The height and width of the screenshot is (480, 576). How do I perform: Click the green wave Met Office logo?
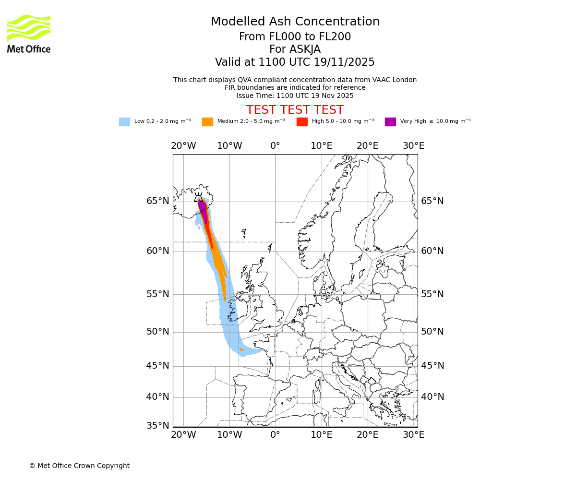(29, 28)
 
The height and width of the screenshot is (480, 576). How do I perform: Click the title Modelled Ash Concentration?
(295, 22)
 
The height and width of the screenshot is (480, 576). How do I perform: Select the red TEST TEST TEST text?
(295, 110)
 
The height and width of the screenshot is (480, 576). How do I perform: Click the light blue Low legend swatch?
(124, 121)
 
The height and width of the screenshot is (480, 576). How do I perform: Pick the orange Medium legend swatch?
(207, 121)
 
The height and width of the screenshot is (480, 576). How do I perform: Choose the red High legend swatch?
(302, 121)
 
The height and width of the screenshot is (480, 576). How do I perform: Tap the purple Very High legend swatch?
(390, 121)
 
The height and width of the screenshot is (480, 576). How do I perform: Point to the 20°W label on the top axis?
(183, 146)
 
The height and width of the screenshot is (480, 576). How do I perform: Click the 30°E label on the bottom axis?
(413, 435)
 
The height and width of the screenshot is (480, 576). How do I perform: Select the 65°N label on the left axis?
(158, 201)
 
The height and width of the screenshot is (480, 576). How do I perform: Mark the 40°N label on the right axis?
(432, 397)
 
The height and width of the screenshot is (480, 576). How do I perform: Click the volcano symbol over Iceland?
(198, 197)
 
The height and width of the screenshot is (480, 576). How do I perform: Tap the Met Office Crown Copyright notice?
(79, 466)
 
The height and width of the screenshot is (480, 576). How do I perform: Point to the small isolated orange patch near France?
(242, 350)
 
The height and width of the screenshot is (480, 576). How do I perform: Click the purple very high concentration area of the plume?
(203, 209)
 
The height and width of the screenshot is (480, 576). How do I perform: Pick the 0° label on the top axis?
(275, 146)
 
